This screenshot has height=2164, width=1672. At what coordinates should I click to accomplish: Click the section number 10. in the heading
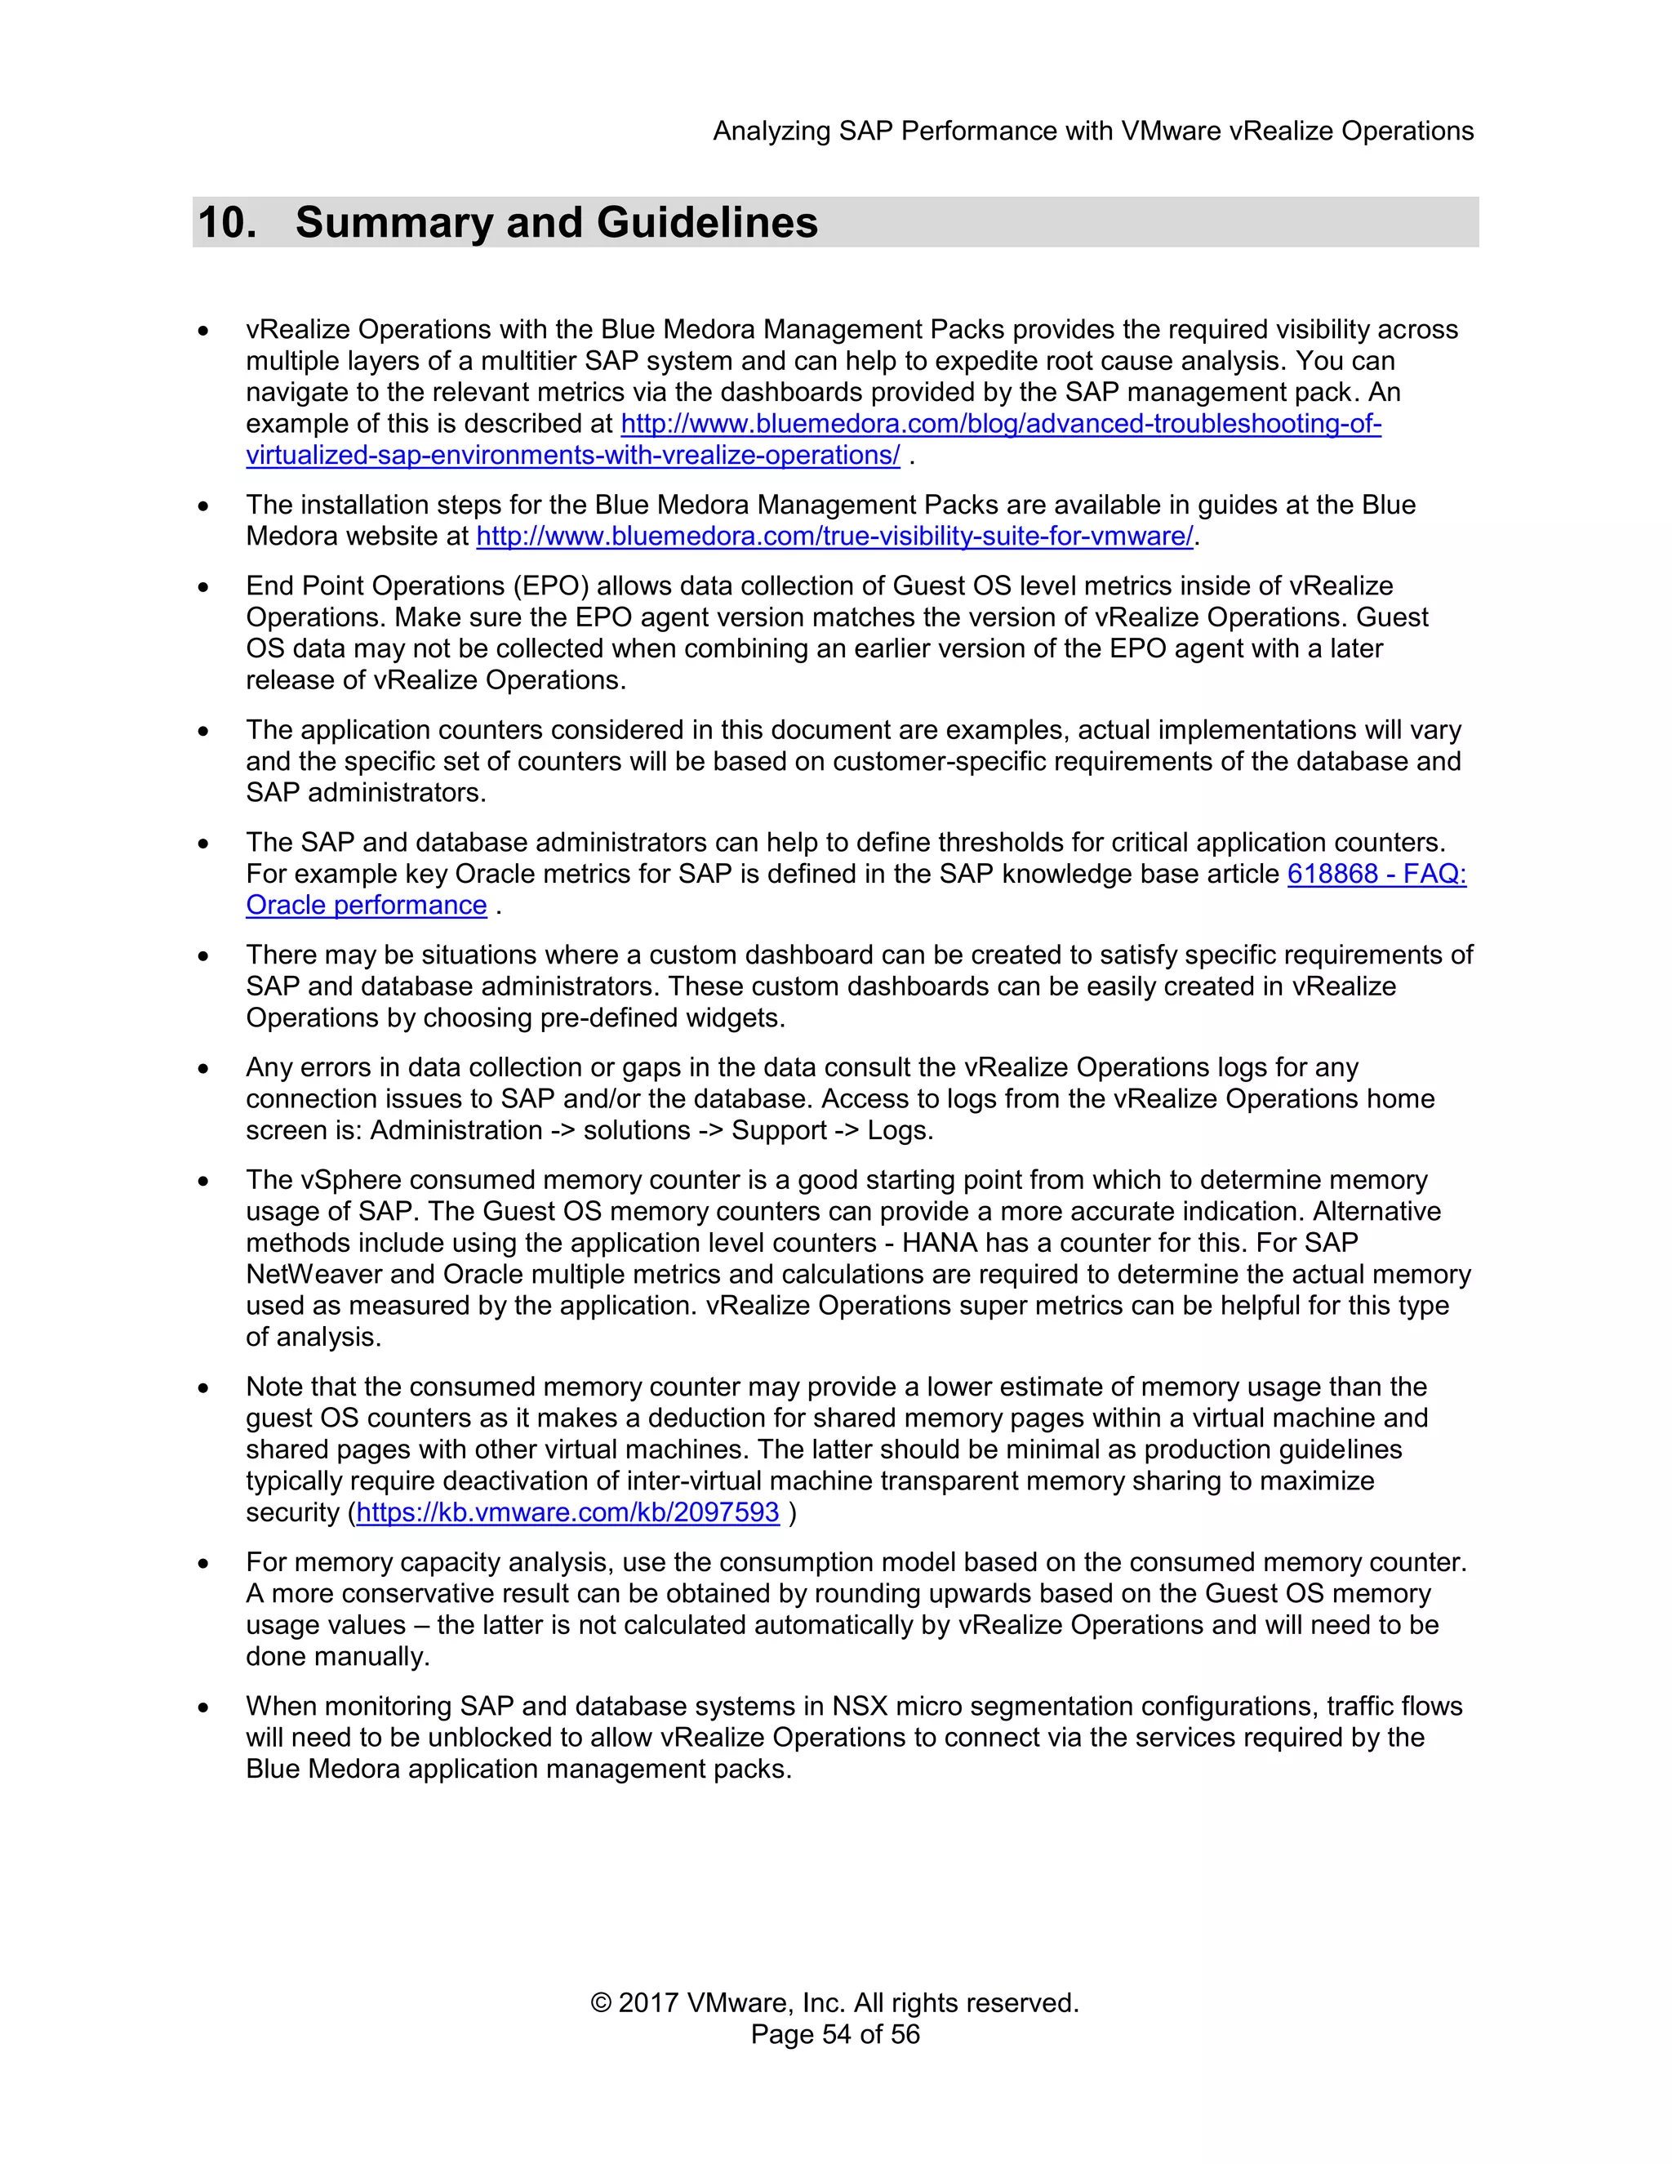click(x=227, y=222)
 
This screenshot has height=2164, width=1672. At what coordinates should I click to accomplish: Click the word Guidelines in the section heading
click(x=707, y=222)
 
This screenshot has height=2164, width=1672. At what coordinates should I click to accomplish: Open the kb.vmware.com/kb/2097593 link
click(x=567, y=1512)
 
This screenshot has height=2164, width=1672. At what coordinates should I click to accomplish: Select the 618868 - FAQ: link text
click(x=1376, y=874)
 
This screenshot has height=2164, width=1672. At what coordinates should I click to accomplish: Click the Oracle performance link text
click(x=367, y=906)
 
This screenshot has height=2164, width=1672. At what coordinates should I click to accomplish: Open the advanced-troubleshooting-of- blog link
click(x=1000, y=424)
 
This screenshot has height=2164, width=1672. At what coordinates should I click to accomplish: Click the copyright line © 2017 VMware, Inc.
click(x=834, y=2002)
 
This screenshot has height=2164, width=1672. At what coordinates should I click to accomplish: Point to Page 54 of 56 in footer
click(x=834, y=2034)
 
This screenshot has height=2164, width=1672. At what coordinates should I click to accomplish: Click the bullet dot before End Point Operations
click(x=203, y=586)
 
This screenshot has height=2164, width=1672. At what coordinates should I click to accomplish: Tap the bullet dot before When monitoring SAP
click(x=203, y=1708)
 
